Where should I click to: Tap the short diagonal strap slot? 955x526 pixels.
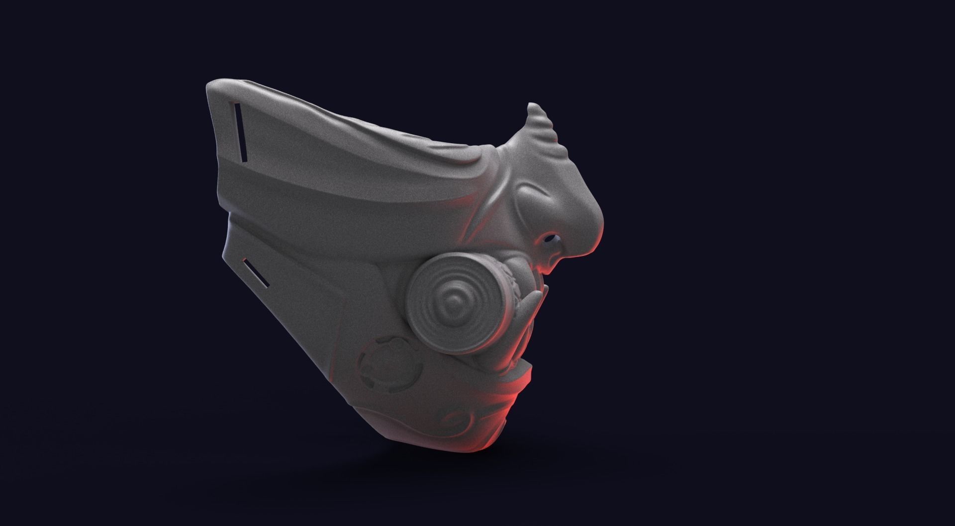257,273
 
